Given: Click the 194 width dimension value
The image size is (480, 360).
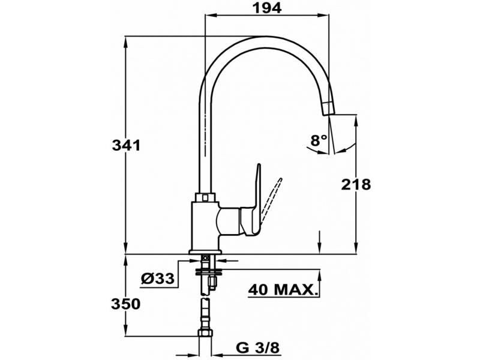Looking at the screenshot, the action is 267,8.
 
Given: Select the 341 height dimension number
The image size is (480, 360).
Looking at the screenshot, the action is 127,145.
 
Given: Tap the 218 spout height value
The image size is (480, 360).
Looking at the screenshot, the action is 356,184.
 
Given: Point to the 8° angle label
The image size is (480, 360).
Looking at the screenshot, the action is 319,140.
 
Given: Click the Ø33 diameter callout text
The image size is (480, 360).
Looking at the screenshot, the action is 158,278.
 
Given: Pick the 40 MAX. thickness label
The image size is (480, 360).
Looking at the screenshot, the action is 282,290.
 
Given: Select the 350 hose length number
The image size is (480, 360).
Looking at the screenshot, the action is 126,305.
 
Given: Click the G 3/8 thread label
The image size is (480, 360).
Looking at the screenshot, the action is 258,347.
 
